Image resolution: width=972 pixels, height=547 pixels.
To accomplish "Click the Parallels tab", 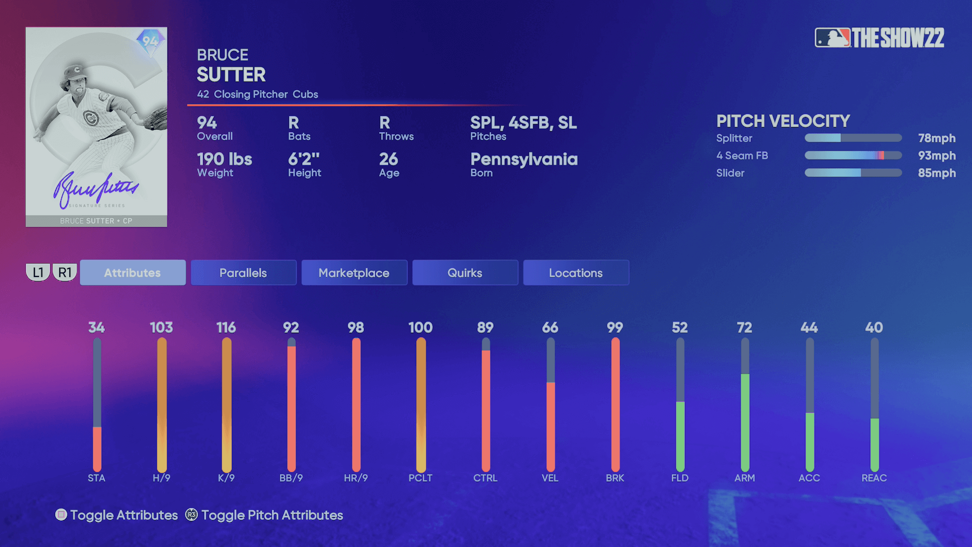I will (x=243, y=272).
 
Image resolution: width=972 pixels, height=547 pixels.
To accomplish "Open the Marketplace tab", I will (x=354, y=272).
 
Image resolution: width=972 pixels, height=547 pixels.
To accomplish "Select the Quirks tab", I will (x=465, y=272).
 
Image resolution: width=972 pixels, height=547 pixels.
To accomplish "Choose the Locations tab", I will (x=576, y=272).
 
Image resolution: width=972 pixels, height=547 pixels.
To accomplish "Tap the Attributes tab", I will (x=132, y=272).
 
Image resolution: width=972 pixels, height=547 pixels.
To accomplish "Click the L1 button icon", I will (x=38, y=272).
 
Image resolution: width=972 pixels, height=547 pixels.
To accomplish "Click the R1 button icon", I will (x=65, y=272).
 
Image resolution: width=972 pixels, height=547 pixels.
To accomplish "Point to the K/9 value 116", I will (x=226, y=328).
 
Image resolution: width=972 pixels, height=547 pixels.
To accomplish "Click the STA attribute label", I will (x=96, y=478).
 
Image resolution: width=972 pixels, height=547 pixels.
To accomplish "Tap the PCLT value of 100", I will (x=420, y=328).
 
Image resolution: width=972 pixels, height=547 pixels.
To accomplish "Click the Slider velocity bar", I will (x=853, y=173).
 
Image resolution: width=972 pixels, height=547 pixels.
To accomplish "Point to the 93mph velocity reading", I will (x=937, y=155).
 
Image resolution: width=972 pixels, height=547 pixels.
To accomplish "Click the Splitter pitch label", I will (x=734, y=138).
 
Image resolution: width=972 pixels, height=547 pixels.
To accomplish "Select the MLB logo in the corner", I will (x=832, y=38).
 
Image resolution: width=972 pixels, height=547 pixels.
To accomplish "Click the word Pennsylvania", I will (x=524, y=160).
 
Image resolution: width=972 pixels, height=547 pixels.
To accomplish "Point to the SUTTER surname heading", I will (x=231, y=75).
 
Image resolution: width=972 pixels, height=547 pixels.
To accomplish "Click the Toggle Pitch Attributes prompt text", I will (x=272, y=515).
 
